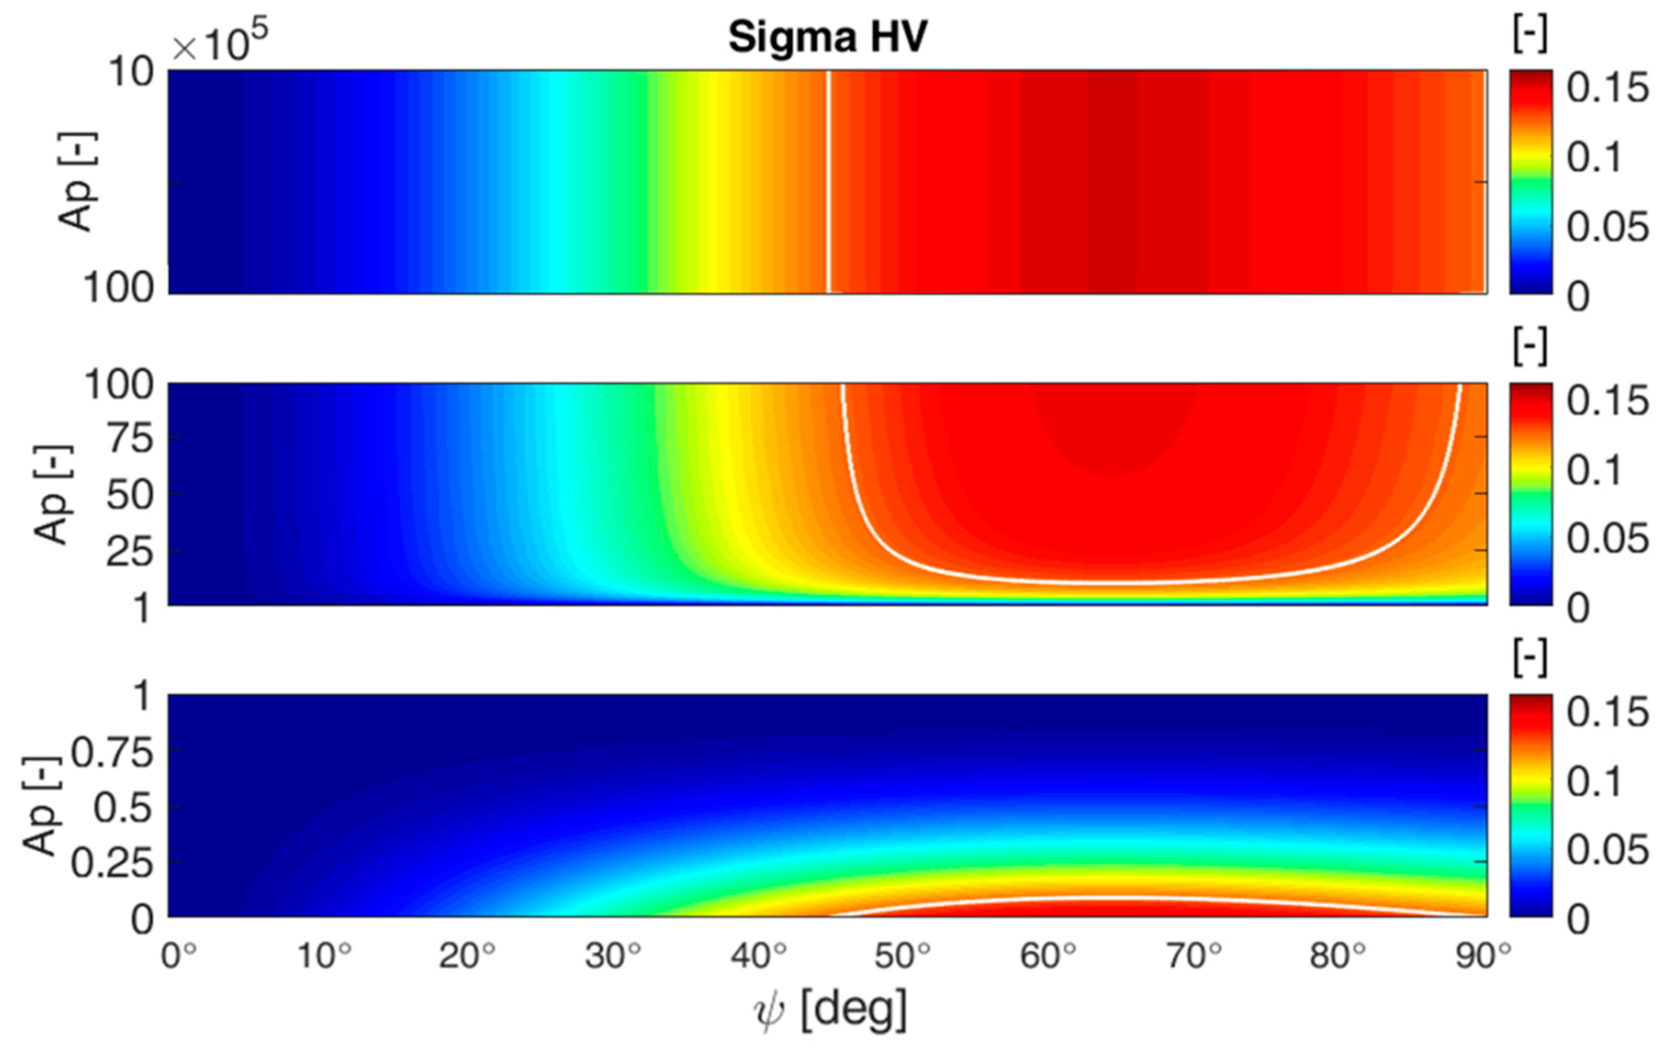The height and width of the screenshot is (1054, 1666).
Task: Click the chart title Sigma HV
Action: click(828, 38)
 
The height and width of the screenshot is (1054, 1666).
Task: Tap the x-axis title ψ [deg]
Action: click(829, 1012)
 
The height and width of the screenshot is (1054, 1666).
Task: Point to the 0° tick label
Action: click(179, 957)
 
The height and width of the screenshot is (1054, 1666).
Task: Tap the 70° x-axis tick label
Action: click(1193, 957)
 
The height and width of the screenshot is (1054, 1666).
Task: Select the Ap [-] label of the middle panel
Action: click(52, 494)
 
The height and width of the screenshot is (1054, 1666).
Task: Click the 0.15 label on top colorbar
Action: click(1606, 89)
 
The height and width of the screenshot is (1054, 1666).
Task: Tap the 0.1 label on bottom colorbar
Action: click(1594, 782)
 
